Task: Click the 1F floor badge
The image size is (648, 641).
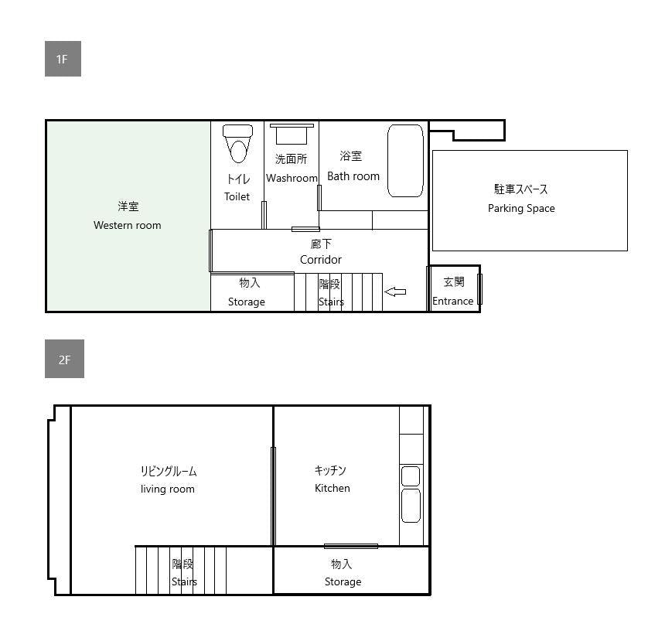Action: coord(63,59)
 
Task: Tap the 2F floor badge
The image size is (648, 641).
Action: coord(64,359)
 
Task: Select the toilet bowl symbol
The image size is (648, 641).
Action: coord(237,143)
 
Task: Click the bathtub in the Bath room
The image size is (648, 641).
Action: coord(405,161)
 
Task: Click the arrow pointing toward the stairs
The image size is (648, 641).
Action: coord(395,292)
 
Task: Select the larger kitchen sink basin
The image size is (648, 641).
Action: coord(411,506)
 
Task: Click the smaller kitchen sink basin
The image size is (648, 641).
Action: coord(411,476)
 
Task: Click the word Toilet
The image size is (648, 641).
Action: coord(237,196)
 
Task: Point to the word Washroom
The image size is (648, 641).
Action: coord(292,178)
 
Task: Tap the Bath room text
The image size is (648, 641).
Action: coord(353,176)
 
